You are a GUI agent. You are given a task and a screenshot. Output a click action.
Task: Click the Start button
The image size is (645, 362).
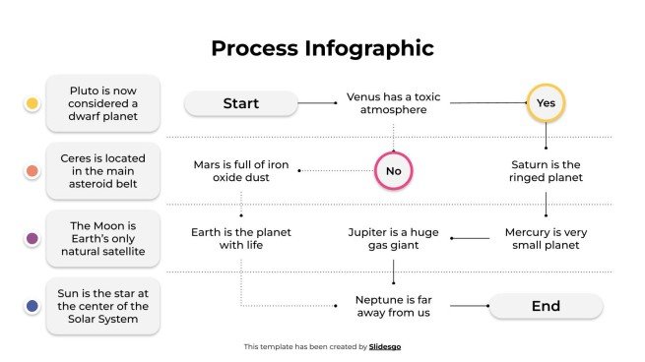[x=240, y=103]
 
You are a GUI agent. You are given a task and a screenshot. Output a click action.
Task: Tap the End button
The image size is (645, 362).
[x=545, y=306]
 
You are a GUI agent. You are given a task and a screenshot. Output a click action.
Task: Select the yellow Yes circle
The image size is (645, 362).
[x=545, y=102]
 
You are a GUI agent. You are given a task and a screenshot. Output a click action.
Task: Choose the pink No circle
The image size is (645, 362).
[x=393, y=171]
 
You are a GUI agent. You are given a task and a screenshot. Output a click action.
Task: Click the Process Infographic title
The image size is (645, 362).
[x=322, y=48]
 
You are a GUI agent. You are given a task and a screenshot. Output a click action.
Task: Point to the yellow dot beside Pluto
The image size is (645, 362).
[x=32, y=103]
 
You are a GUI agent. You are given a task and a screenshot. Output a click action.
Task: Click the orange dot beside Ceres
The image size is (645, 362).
[x=32, y=171]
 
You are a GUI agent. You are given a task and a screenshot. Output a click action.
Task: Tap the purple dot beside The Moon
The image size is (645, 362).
[x=32, y=238]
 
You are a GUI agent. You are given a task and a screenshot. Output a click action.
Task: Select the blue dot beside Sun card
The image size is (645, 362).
[x=32, y=307]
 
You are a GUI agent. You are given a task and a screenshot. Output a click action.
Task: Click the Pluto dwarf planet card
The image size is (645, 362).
[x=103, y=103]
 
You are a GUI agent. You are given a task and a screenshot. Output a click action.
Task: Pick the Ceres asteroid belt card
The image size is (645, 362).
[x=103, y=171]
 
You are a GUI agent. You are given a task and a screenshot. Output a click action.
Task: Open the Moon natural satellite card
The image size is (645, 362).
[x=103, y=238]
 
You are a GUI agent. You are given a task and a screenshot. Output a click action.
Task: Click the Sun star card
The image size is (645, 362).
[x=103, y=306]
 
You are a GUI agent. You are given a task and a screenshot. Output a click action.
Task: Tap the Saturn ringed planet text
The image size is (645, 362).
[x=546, y=171]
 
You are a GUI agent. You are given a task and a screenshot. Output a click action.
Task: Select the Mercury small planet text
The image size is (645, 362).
[x=546, y=238]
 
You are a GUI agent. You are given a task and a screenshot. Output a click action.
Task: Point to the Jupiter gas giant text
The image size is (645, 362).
[x=393, y=238]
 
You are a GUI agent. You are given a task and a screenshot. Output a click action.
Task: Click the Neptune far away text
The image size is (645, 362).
[x=393, y=306]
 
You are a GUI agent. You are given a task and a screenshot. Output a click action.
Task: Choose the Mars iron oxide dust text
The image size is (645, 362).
[x=240, y=171]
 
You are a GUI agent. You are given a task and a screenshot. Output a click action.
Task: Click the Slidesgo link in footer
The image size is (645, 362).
[x=385, y=346]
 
